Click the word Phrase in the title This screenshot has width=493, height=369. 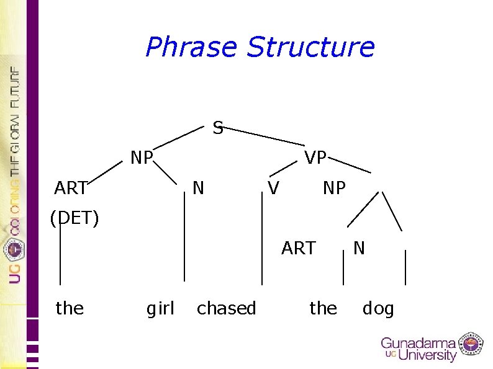(x=192, y=47)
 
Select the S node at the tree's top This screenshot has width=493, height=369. (x=218, y=128)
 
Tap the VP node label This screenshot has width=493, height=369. (x=315, y=158)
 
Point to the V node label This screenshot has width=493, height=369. (x=273, y=187)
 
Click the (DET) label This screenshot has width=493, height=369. (x=75, y=218)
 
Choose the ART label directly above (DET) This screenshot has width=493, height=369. (x=71, y=187)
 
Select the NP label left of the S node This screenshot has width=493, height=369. (x=142, y=158)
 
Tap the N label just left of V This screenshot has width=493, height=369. (x=198, y=187)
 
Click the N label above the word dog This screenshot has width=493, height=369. (x=359, y=248)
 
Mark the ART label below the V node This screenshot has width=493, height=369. (x=299, y=248)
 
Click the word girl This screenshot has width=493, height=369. (x=160, y=308)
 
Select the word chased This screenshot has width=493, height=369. (x=226, y=308)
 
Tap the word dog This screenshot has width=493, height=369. (x=378, y=308)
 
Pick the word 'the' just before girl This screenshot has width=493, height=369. (x=70, y=308)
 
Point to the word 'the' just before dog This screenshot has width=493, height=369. (x=323, y=308)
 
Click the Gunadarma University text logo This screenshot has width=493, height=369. (x=418, y=349)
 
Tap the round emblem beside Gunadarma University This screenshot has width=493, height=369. (x=471, y=344)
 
